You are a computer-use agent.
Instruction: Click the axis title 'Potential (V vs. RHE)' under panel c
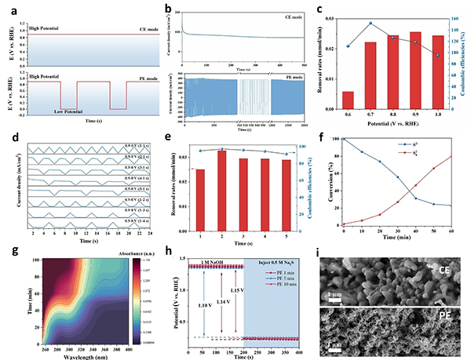[392, 126]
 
